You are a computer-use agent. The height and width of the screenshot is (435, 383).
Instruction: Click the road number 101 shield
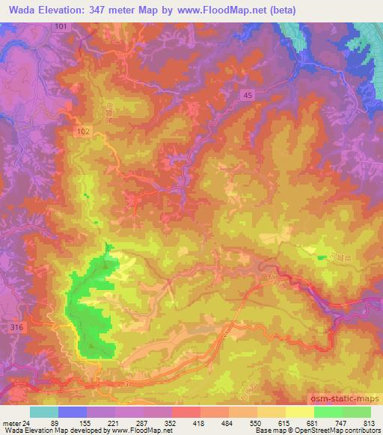pyautogui.click(x=60, y=26)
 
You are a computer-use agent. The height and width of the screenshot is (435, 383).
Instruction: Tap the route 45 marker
pyautogui.click(x=248, y=93)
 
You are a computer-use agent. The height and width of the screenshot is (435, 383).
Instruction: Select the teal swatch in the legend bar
pyautogui.click(x=43, y=412)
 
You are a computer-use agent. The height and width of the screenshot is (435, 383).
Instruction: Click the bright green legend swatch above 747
pyautogui.click(x=328, y=412)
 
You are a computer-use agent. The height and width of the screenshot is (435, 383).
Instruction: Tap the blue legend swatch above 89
pyautogui.click(x=72, y=412)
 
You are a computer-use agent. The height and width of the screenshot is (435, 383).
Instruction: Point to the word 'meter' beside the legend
pyautogui.click(x=12, y=422)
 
